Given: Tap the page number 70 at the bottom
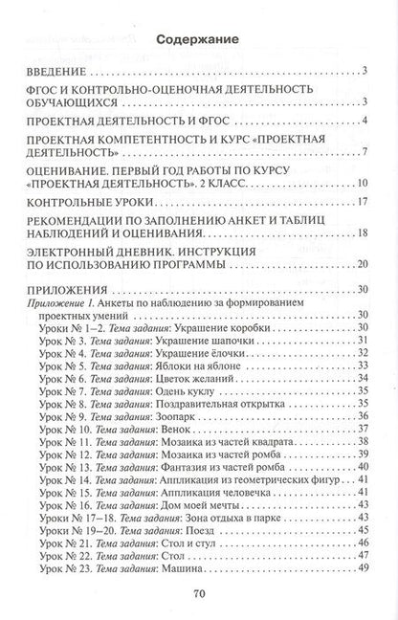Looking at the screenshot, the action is [199, 592].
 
